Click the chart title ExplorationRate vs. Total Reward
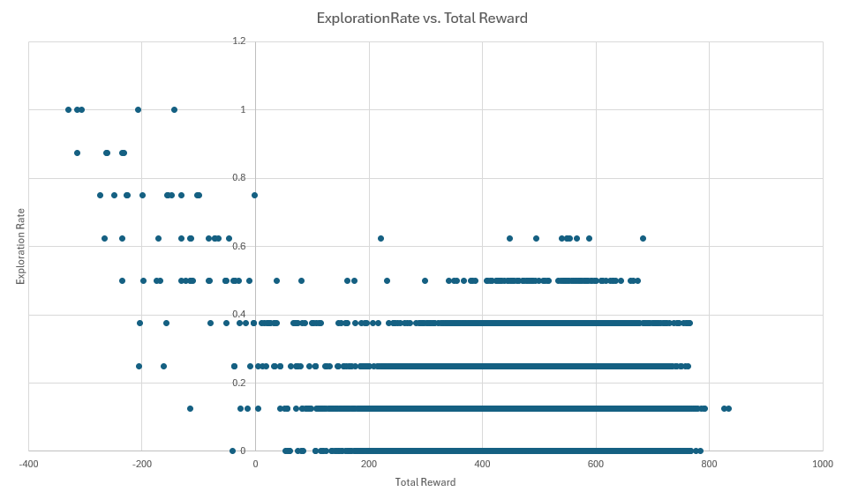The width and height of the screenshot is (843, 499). [422, 19]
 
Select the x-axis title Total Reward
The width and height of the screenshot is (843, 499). [425, 481]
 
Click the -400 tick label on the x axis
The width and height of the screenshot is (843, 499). [28, 463]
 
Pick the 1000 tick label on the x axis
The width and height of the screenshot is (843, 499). [822, 463]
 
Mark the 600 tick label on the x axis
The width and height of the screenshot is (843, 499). [596, 463]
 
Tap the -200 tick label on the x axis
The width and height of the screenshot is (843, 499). [141, 463]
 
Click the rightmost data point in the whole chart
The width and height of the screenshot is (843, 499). [728, 408]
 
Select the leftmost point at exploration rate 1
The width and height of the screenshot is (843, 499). [68, 109]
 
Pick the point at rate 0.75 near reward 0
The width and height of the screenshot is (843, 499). [254, 195]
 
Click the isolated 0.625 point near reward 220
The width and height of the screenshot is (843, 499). [380, 238]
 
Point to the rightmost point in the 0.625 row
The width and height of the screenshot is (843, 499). [643, 238]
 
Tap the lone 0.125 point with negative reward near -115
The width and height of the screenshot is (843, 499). [190, 408]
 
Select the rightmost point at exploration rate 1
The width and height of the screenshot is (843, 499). [174, 109]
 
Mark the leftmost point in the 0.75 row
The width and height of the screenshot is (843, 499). [100, 195]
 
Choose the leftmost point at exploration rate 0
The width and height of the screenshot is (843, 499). [232, 451]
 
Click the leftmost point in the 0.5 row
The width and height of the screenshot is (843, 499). [122, 280]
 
